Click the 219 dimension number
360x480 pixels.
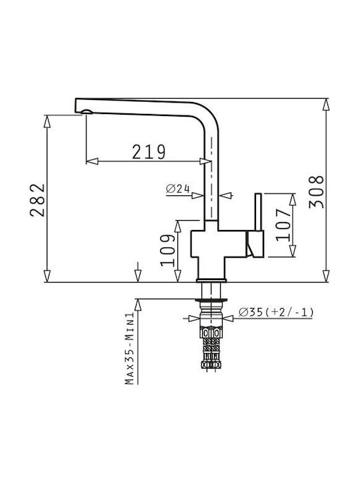149,152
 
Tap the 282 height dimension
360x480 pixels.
37,200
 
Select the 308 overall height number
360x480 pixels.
316,192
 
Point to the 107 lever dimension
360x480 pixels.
283,225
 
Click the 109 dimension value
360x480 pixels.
168,251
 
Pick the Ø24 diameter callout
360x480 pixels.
178,189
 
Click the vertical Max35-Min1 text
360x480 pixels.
129,348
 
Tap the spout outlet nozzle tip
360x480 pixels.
86,112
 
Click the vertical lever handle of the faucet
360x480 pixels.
259,212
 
